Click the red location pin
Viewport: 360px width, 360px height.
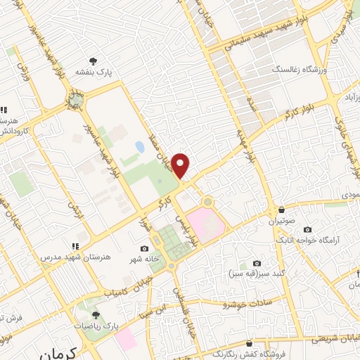[x=181, y=165]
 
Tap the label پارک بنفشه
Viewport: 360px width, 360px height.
[x=94, y=71]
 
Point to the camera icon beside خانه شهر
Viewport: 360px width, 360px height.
[x=145, y=248]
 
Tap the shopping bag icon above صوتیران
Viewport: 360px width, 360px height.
[x=281, y=210]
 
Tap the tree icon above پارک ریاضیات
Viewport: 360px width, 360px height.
[x=96, y=315]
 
